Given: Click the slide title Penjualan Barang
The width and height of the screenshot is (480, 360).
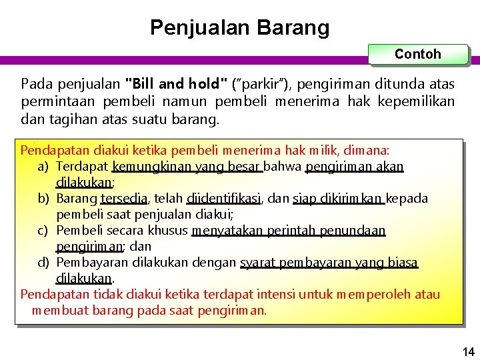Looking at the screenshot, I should click(239, 27).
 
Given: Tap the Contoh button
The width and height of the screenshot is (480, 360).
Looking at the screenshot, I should click(418, 54).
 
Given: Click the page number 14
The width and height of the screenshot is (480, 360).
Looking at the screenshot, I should click(469, 351).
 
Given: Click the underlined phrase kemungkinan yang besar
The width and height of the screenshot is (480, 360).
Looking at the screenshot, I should click(187, 165).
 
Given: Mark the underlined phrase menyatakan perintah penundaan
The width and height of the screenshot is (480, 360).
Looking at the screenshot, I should click(288, 231).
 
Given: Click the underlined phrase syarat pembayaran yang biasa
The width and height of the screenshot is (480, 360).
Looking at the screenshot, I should click(329, 263).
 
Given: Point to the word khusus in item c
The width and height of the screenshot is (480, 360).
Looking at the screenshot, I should click(171, 231).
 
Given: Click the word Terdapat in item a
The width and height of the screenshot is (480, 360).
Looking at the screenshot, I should click(83, 165).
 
